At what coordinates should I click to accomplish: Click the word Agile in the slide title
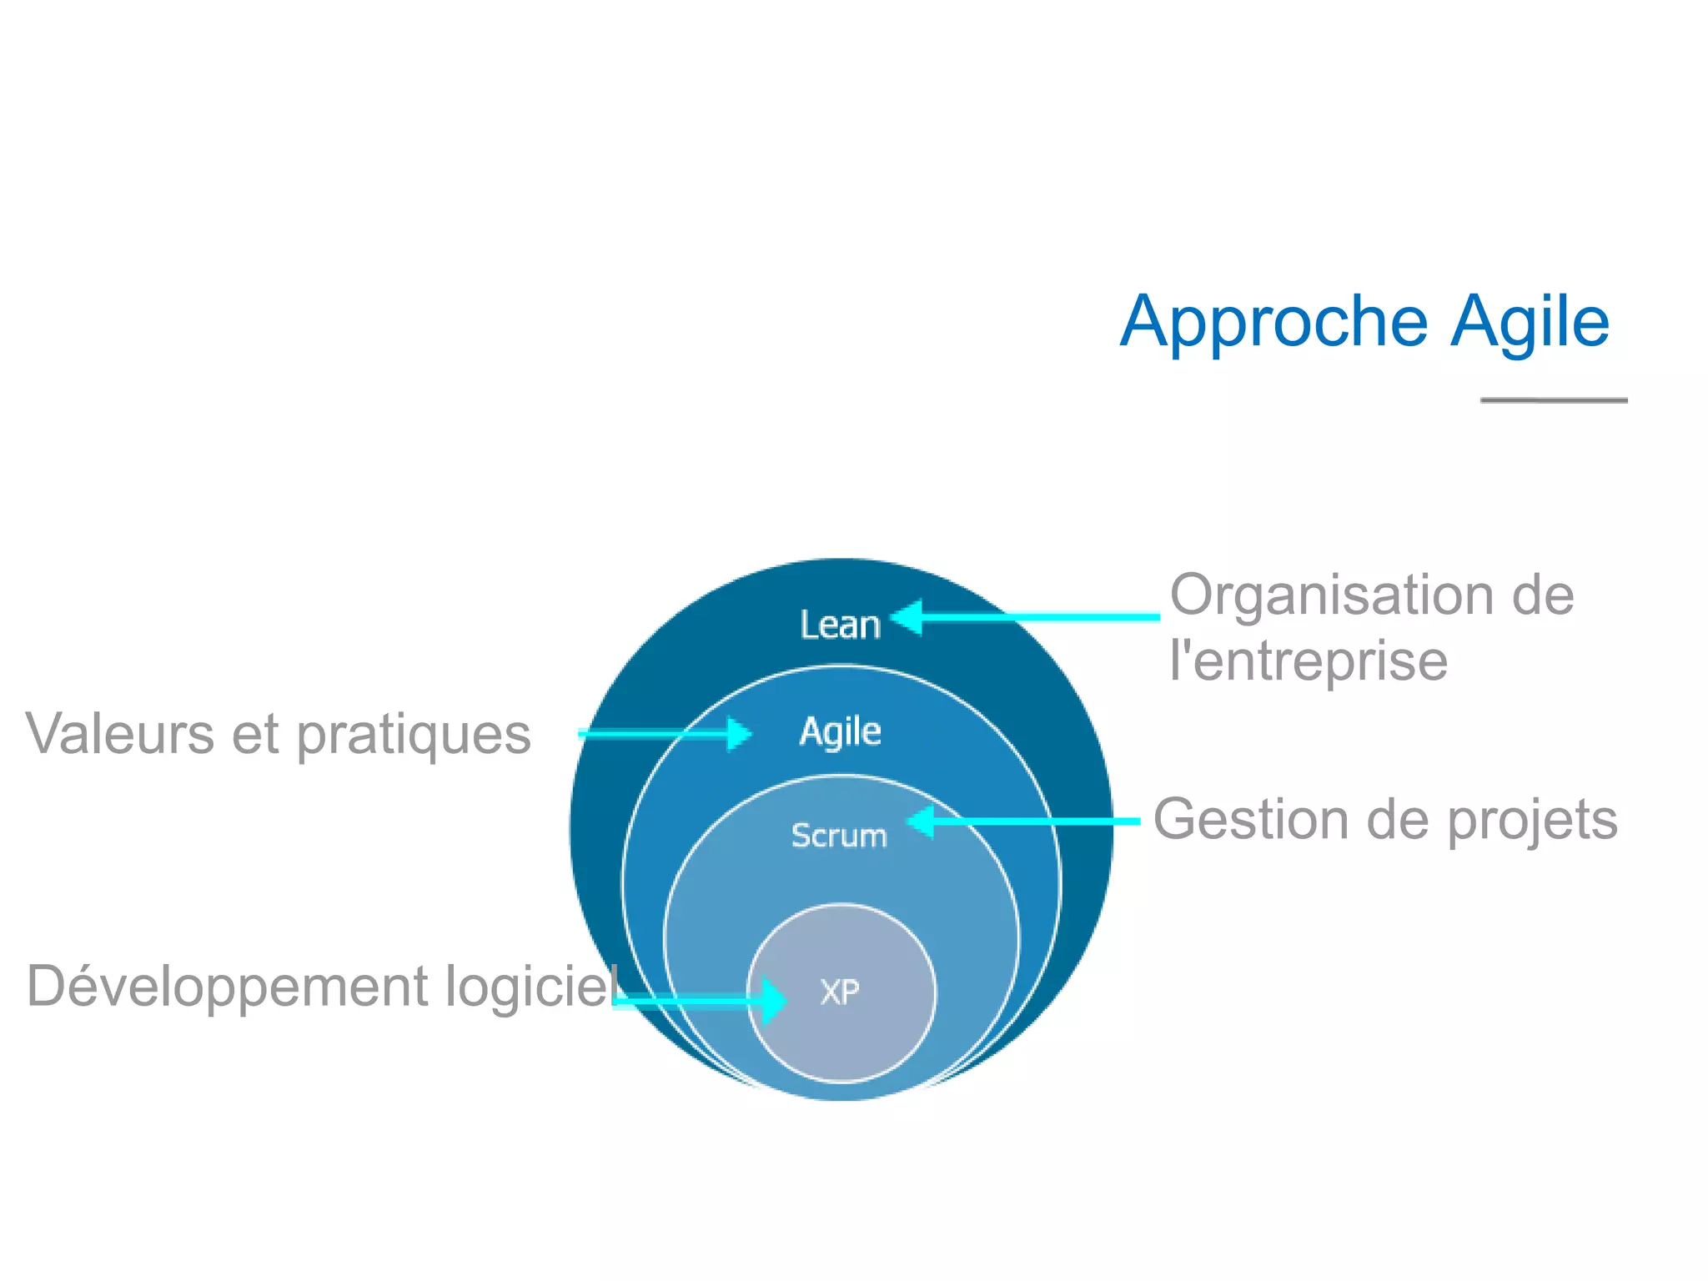tap(1530, 323)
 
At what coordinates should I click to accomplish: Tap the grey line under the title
tap(1554, 400)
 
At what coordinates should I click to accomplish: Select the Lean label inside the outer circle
tap(840, 625)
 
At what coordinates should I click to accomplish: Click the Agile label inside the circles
tap(840, 731)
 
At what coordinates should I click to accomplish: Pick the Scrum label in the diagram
tap(839, 836)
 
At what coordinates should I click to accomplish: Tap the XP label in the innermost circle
tap(840, 992)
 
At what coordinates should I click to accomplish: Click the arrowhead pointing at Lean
tap(907, 618)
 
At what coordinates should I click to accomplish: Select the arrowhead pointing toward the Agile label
tap(738, 734)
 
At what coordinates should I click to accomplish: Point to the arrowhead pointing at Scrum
tap(921, 821)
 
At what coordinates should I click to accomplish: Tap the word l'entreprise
tap(1308, 661)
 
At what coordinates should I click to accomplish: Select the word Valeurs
tap(120, 734)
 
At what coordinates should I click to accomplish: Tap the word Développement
tap(228, 987)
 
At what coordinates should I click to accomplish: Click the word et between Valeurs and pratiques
tap(254, 734)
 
